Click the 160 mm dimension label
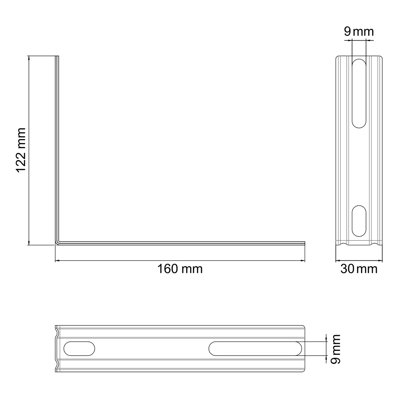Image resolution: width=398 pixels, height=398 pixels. pyautogui.click(x=180, y=269)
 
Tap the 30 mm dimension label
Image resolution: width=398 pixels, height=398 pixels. pyautogui.click(x=359, y=269)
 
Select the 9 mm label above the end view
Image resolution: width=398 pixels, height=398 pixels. pyautogui.click(x=359, y=32)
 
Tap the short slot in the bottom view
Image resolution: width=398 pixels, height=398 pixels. pyautogui.click(x=79, y=348)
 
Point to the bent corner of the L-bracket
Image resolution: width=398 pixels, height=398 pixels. pyautogui.click(x=57, y=243)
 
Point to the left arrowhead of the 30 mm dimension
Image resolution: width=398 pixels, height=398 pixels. pyautogui.click(x=338, y=261)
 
